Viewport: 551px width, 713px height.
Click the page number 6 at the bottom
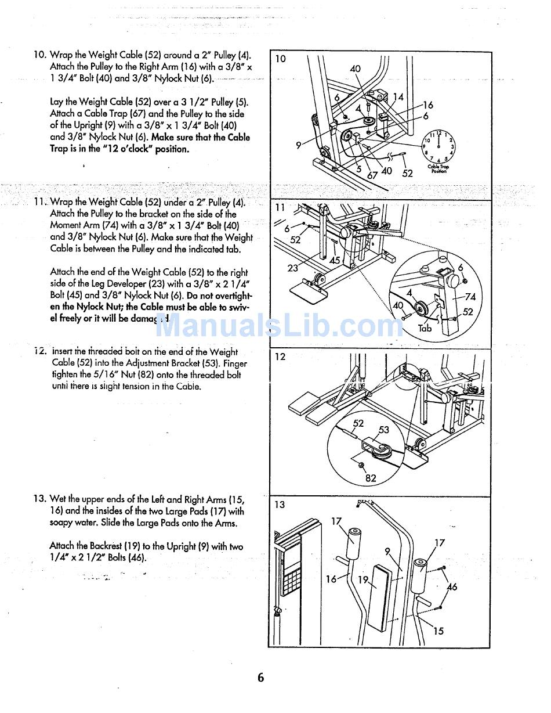click(x=260, y=678)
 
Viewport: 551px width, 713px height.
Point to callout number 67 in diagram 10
click(x=372, y=175)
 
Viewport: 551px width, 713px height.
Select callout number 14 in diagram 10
click(x=398, y=97)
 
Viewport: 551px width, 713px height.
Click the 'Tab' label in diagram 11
click(x=425, y=328)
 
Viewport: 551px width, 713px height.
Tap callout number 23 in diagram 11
click(x=293, y=268)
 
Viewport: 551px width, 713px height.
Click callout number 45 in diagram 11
click(x=335, y=261)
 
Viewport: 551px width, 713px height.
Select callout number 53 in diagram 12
click(x=384, y=430)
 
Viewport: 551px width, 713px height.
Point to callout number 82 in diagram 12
click(x=371, y=478)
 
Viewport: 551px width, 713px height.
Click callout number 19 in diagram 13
click(x=363, y=579)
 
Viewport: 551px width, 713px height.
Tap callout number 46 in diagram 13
click(x=452, y=587)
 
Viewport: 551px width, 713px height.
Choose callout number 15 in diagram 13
click(x=438, y=631)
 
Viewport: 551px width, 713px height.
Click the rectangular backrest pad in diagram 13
click(x=381, y=598)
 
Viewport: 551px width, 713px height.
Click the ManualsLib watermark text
click(x=278, y=326)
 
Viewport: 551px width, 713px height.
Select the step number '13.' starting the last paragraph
click(x=39, y=499)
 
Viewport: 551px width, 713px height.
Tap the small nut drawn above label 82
click(x=361, y=465)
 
